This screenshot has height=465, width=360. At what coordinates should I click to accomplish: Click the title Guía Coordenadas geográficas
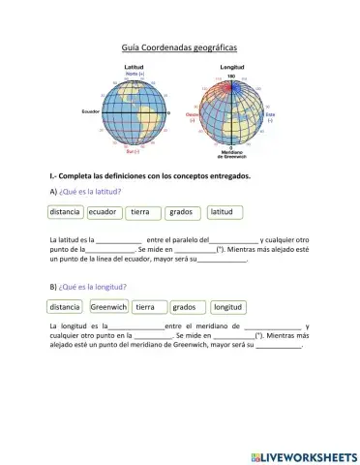coord(179,46)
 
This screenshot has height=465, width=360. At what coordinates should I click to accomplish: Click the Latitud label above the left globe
coord(135,67)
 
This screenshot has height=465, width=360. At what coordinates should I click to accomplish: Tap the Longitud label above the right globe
coord(232,67)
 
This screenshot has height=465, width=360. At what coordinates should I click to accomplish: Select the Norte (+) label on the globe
coord(135,74)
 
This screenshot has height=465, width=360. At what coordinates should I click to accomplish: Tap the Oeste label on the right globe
coord(192,113)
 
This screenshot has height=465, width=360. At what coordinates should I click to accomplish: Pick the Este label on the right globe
coord(270,113)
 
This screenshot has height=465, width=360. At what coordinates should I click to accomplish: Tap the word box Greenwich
coord(107,307)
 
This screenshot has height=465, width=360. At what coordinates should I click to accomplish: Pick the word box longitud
coord(227,307)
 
